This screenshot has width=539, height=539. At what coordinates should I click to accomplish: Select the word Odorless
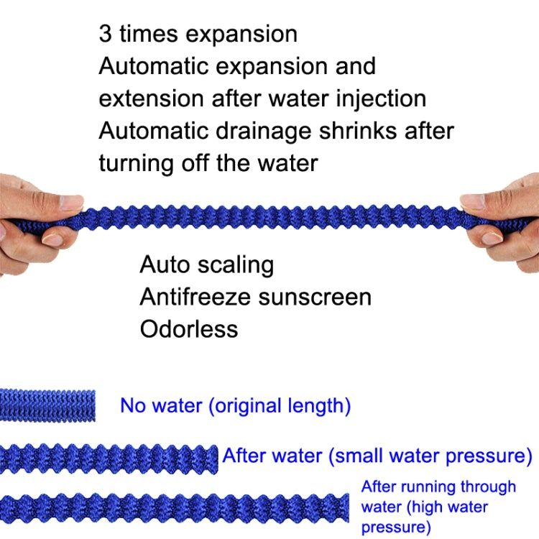[x=188, y=328]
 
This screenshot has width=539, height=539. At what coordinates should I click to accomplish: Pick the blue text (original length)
[x=280, y=405]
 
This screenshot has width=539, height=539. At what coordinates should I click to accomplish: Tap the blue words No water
[x=162, y=405]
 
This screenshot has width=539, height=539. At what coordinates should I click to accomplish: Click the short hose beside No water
[x=47, y=405]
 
